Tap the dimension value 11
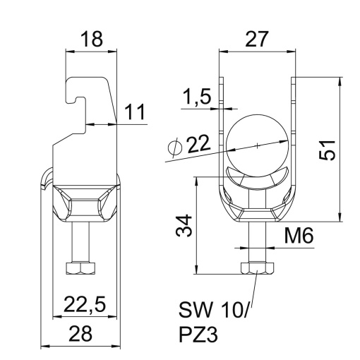pos(136,110)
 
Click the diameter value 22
pos(199,145)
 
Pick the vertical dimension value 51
pos(325,149)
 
